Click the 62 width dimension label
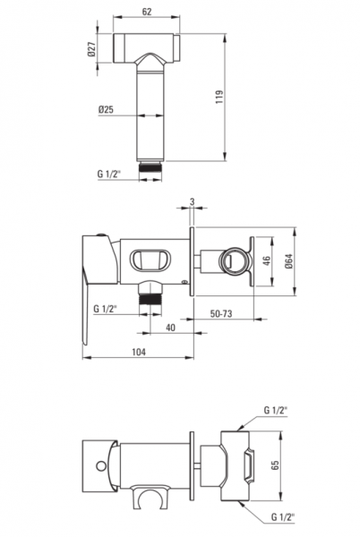pos(147,12)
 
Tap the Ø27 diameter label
pos(90,49)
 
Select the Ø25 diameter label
pos(106,109)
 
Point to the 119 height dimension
pos(219,97)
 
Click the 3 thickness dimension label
pos(193,202)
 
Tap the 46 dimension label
pos(268,260)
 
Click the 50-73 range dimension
pos(221,313)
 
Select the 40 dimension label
pos(170,328)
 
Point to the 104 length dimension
pos(139,352)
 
